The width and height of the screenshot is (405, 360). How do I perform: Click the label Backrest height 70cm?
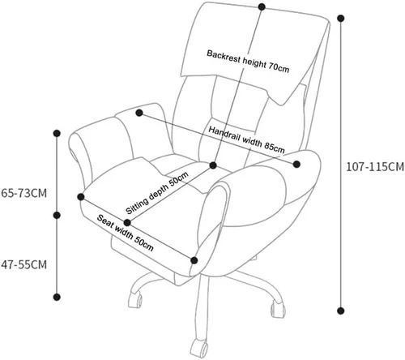(x=248, y=62)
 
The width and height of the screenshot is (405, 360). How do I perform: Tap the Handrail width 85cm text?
(x=246, y=139)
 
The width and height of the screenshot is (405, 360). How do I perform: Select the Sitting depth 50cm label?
(x=157, y=193)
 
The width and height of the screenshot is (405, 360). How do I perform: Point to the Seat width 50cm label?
(x=126, y=233)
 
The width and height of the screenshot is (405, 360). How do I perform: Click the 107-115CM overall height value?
(x=375, y=167)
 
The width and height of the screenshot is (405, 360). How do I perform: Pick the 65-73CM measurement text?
(x=24, y=193)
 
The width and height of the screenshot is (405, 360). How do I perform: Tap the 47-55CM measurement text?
(x=24, y=264)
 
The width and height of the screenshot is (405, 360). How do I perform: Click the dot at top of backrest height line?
(x=262, y=6)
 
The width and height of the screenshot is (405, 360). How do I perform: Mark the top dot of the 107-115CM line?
(x=341, y=19)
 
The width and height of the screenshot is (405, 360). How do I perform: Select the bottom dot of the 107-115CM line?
(x=341, y=311)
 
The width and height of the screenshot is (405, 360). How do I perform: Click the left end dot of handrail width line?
(x=139, y=113)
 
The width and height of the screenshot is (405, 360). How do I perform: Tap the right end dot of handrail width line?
(x=296, y=164)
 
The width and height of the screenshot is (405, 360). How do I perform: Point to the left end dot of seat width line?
(x=81, y=197)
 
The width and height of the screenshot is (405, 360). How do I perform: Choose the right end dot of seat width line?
(x=194, y=260)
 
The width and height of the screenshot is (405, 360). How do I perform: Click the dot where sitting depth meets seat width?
(x=127, y=223)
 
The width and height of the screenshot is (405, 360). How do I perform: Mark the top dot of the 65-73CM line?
(x=57, y=133)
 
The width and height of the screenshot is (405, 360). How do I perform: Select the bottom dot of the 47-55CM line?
(x=57, y=297)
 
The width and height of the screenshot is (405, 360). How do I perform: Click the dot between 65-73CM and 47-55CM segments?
(x=57, y=215)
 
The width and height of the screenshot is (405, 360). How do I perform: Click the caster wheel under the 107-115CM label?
(x=278, y=309)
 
